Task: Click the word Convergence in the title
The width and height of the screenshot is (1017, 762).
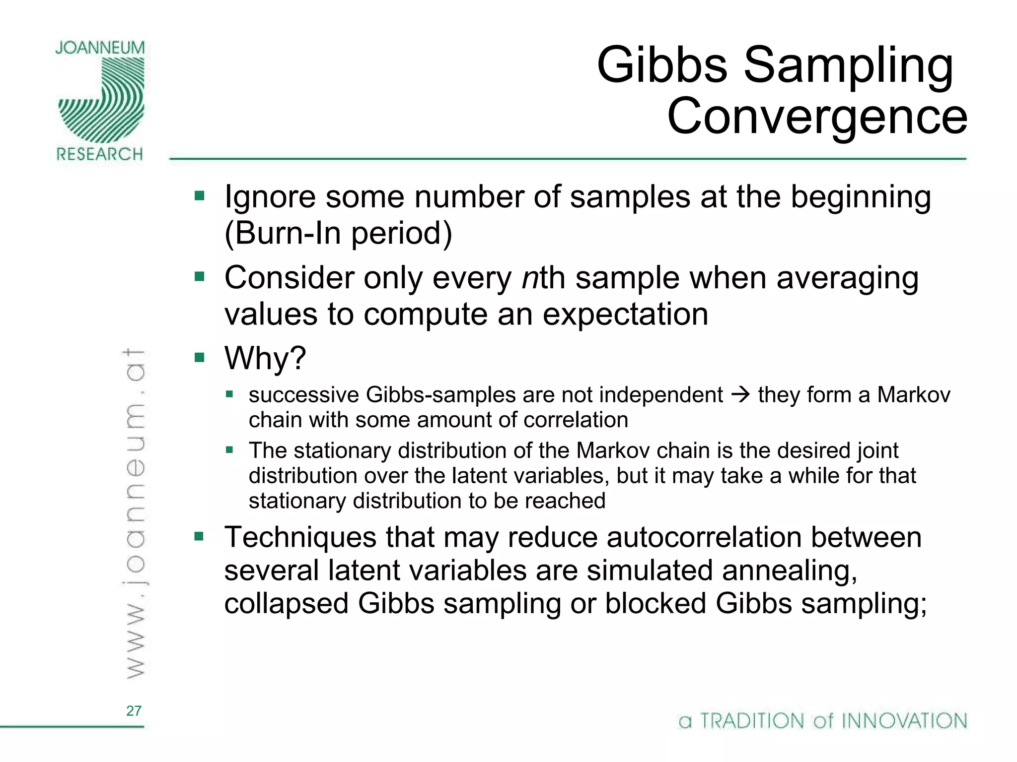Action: point(817,117)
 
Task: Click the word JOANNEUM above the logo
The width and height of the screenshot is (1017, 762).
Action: point(100,48)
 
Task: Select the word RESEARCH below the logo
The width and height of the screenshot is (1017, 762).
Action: point(100,154)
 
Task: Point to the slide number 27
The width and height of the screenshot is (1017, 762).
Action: point(134,710)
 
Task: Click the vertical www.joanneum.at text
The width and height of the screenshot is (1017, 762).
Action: point(134,513)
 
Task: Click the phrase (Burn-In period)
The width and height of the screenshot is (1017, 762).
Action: point(338,233)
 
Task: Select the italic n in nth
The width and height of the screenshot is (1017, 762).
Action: point(530,278)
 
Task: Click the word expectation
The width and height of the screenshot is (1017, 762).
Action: point(625,315)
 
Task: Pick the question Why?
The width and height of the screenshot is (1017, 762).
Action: point(265,358)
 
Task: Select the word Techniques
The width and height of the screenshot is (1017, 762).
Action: point(300,537)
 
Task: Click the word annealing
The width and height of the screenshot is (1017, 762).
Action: point(790,571)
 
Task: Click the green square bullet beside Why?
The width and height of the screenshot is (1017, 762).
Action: point(200,357)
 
